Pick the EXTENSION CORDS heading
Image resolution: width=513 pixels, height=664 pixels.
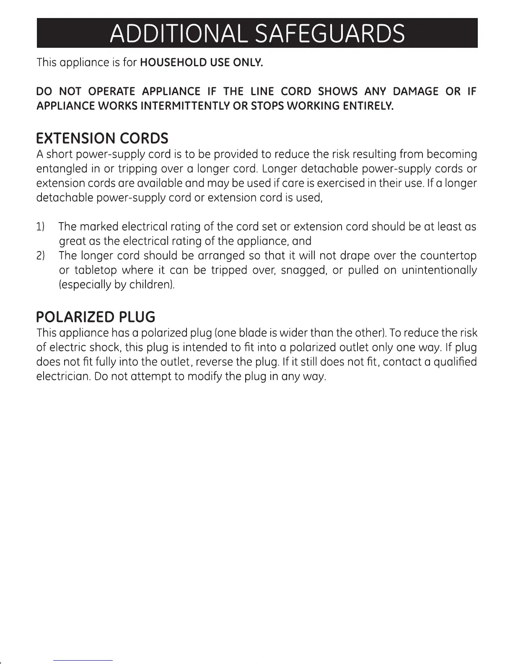click(102, 138)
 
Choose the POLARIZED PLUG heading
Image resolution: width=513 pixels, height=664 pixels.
click(96, 316)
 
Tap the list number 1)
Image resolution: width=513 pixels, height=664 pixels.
click(41, 227)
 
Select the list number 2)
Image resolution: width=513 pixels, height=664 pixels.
click(41, 255)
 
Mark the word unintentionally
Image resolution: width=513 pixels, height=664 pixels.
click(439, 270)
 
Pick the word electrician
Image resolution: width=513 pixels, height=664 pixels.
click(63, 376)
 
